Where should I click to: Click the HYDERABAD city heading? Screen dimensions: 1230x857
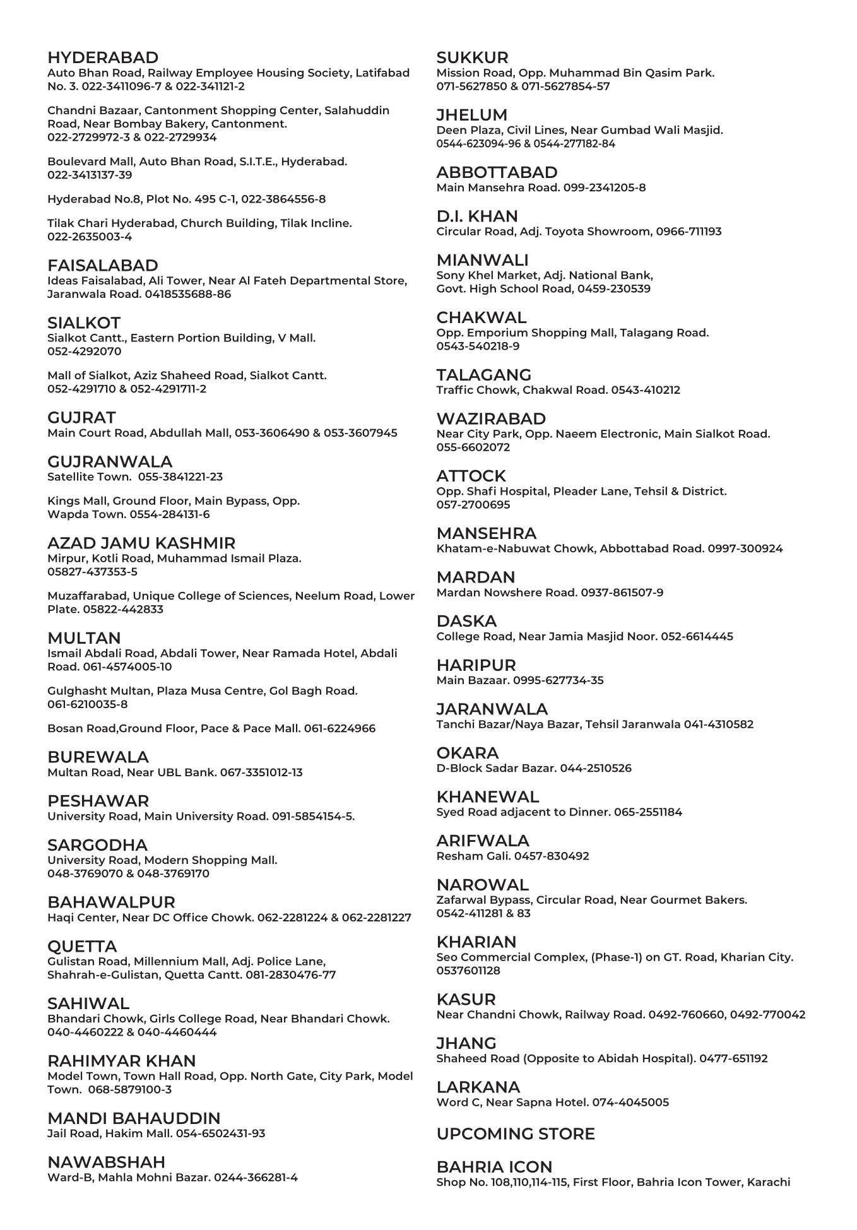point(103,57)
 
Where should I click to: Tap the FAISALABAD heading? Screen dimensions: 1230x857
point(103,265)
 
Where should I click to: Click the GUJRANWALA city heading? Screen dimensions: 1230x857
point(110,461)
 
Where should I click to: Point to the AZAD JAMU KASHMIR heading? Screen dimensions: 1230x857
point(141,543)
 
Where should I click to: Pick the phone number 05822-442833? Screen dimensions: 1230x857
point(123,610)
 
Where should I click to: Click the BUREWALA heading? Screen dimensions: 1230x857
point(98,757)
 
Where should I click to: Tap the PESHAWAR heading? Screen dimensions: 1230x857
point(98,801)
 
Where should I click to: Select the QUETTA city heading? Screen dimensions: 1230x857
point(82,946)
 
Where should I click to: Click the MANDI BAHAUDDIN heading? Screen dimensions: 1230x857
point(134,1118)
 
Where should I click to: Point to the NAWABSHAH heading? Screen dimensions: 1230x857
point(106,1162)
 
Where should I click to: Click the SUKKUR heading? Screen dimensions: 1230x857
point(472,57)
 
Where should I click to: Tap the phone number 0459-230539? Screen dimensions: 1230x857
point(614,289)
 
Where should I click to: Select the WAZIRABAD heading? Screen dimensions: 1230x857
point(491,418)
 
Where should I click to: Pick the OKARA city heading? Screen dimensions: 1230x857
point(468,753)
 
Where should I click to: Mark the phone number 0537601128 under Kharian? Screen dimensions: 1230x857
point(468,971)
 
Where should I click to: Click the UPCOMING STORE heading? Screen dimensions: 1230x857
point(516,1134)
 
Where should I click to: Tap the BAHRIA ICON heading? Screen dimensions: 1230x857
point(494,1167)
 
